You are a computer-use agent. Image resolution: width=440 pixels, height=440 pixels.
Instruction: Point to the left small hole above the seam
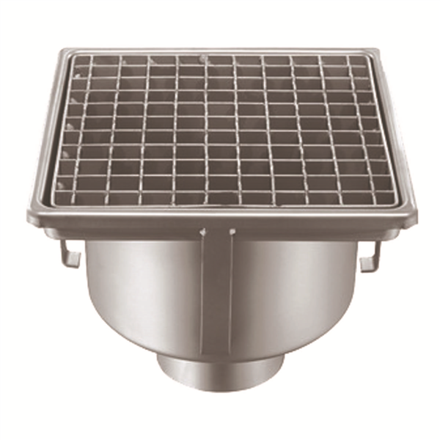point(203,233)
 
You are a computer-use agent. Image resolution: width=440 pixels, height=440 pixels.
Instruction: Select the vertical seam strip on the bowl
point(217,293)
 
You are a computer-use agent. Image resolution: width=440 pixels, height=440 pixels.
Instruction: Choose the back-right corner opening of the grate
point(359,62)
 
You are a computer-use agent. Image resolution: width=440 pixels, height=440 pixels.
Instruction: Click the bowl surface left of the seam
point(139,293)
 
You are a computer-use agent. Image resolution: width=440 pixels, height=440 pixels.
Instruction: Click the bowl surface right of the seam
point(293,293)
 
